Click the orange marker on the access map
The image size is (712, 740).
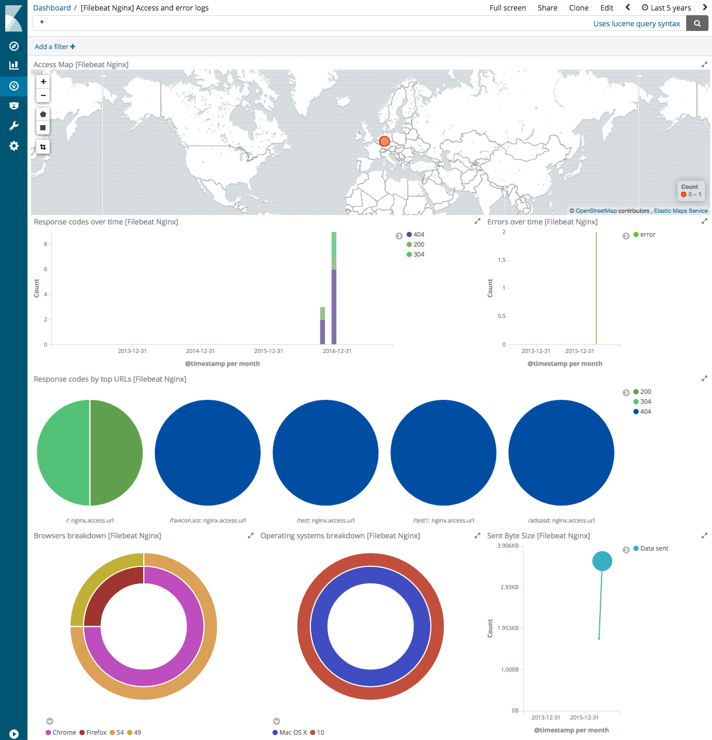[384, 141]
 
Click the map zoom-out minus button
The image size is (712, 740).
[43, 95]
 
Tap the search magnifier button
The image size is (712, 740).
[697, 23]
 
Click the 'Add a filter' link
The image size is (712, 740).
[54, 47]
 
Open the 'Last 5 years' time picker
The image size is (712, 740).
[666, 8]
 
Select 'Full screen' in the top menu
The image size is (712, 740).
[507, 8]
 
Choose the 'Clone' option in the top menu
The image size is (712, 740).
[578, 8]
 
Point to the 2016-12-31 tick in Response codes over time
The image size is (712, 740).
[337, 351]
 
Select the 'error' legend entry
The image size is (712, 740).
[647, 234]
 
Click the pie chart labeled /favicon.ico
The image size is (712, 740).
[208, 452]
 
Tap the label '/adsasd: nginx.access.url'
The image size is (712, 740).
[561, 520]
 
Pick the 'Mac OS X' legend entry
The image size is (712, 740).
[292, 732]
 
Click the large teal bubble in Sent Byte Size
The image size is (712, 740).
[602, 561]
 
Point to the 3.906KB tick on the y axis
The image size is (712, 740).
[507, 546]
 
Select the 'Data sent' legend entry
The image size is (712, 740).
[654, 548]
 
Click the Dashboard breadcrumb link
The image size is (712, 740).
[52, 8]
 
